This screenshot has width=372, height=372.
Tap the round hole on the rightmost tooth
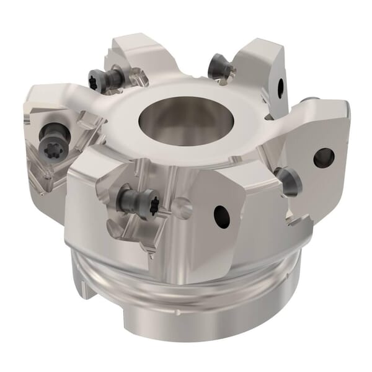click(324, 157)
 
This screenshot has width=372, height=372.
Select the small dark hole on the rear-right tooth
click(280, 86)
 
